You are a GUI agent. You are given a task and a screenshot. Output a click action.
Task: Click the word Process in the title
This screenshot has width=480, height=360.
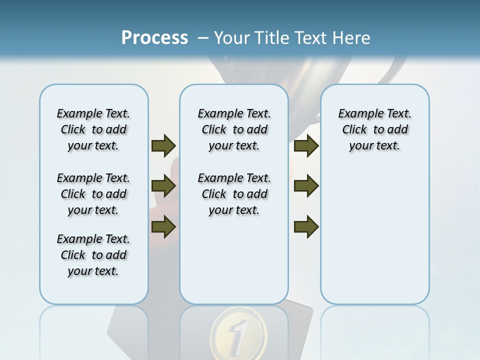[154, 38]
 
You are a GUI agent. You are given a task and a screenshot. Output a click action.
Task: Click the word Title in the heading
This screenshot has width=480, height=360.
[270, 38]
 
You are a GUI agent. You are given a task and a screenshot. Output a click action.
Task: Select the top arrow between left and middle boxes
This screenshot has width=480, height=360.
[163, 145]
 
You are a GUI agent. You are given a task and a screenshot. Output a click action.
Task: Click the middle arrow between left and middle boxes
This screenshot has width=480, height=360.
[163, 186]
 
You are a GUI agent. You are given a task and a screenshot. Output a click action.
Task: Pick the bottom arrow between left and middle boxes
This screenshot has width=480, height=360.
[163, 227]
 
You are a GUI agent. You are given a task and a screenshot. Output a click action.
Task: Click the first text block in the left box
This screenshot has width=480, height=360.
[93, 129]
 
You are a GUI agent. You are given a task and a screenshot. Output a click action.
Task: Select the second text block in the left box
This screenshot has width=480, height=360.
[93, 194]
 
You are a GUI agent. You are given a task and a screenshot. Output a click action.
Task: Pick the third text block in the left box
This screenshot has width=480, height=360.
[93, 255]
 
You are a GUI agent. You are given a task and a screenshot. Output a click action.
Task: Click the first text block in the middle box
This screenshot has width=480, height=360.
[234, 129]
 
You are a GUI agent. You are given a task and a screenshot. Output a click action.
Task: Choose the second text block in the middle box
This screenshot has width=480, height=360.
[234, 194]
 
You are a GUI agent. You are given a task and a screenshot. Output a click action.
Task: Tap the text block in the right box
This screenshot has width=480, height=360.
[374, 129]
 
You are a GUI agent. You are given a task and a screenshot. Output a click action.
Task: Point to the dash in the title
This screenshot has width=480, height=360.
[203, 38]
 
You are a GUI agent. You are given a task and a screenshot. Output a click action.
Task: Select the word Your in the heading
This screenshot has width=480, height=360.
[232, 38]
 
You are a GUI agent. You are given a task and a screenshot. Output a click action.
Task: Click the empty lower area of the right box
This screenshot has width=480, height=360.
[374, 240]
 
